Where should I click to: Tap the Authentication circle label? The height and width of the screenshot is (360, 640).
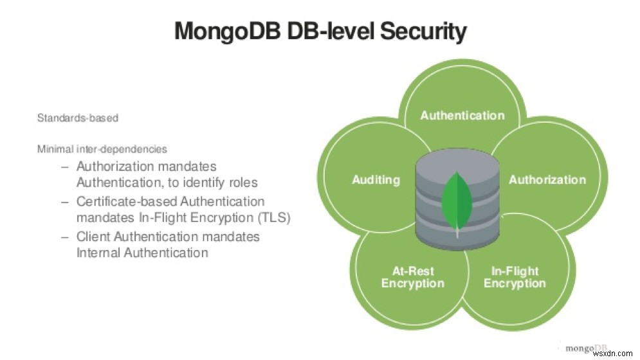tap(462, 116)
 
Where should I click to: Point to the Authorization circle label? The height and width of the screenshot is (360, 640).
tap(547, 180)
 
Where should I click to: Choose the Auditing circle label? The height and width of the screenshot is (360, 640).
tap(376, 180)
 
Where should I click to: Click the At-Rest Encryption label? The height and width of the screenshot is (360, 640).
tap(412, 277)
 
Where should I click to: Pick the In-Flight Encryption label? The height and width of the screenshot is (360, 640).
tap(515, 277)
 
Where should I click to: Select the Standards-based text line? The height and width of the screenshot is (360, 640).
tap(78, 118)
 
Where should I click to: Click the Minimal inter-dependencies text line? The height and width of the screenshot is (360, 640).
tap(102, 149)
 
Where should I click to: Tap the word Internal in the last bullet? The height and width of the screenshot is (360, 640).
tap(97, 253)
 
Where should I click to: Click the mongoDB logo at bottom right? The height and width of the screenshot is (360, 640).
tap(586, 348)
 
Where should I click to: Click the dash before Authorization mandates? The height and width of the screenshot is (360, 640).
tap(64, 167)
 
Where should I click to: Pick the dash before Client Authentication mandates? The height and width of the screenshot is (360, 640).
tap(64, 237)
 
